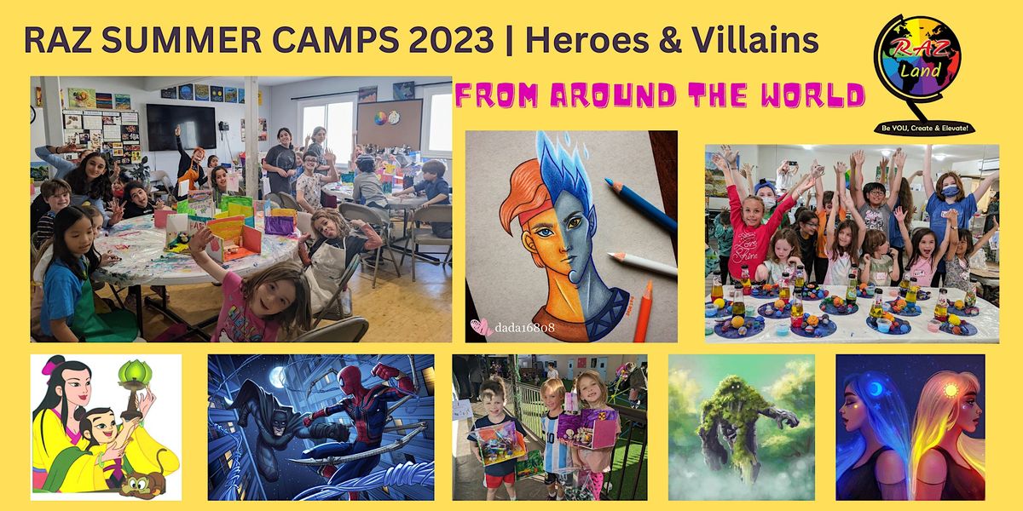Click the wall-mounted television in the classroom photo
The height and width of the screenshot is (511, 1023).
tap(181, 127)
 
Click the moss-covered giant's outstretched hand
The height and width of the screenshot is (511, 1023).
tap(781, 417)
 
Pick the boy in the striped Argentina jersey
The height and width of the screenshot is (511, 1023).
tap(557, 434)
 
